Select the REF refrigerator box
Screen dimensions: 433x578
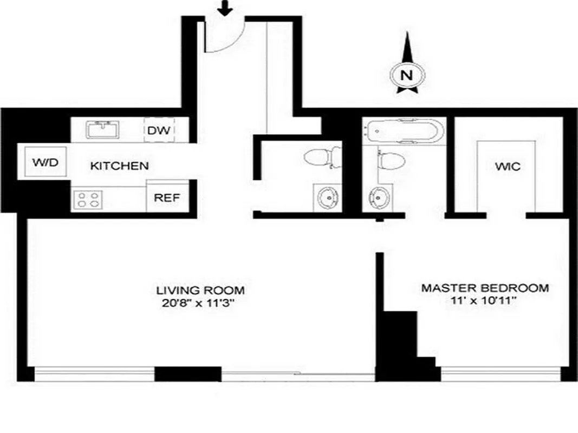(x=167, y=197)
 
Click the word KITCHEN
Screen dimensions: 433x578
(x=119, y=166)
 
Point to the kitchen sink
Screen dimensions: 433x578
(x=103, y=130)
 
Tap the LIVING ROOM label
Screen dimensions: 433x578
(x=200, y=290)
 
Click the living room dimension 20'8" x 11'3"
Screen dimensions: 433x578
(x=200, y=303)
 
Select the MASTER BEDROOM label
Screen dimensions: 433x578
(x=485, y=288)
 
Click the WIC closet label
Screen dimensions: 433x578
(x=507, y=166)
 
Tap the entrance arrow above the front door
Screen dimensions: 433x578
(x=225, y=8)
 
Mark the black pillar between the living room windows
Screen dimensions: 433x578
(x=188, y=374)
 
